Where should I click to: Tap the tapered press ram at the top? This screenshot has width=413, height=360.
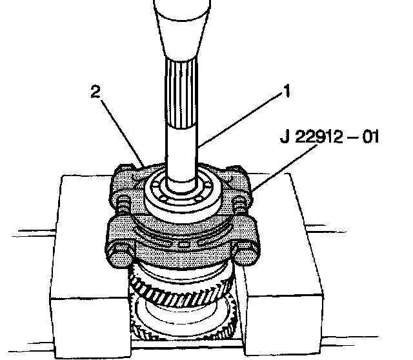185,29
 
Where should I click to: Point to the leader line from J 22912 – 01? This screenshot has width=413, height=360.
287,167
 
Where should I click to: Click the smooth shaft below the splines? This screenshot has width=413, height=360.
182,152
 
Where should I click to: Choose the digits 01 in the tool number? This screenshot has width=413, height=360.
371,137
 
